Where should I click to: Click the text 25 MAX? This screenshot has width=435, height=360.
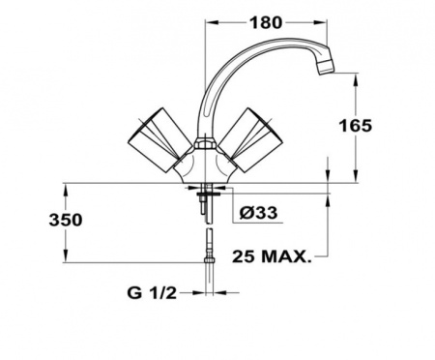(273, 256)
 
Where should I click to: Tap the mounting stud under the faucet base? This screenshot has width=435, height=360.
(204, 206)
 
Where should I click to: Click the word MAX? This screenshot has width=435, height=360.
(288, 256)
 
